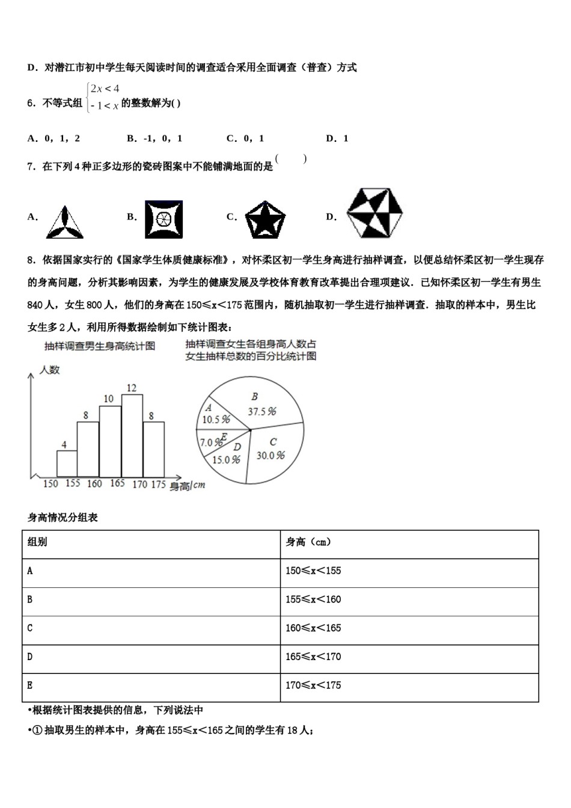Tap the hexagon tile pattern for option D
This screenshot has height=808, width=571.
(x=376, y=213)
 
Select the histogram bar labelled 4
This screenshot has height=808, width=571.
(x=67, y=463)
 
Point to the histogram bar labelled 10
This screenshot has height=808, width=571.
(x=110, y=441)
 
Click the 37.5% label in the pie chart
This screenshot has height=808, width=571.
(x=262, y=411)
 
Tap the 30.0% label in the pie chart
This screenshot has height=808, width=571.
(x=270, y=455)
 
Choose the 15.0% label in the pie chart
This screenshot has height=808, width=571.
(x=226, y=459)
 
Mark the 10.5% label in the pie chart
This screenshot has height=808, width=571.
(x=216, y=419)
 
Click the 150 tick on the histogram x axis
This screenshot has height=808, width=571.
(x=51, y=483)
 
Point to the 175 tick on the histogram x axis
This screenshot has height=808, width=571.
(x=158, y=484)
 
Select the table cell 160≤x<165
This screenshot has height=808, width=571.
(x=313, y=628)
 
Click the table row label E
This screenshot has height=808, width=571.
(x=30, y=685)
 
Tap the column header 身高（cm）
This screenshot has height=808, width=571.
(x=308, y=542)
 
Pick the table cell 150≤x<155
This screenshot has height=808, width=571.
(x=313, y=571)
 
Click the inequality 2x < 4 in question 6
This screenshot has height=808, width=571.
(x=105, y=90)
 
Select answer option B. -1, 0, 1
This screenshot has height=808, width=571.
(x=154, y=139)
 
